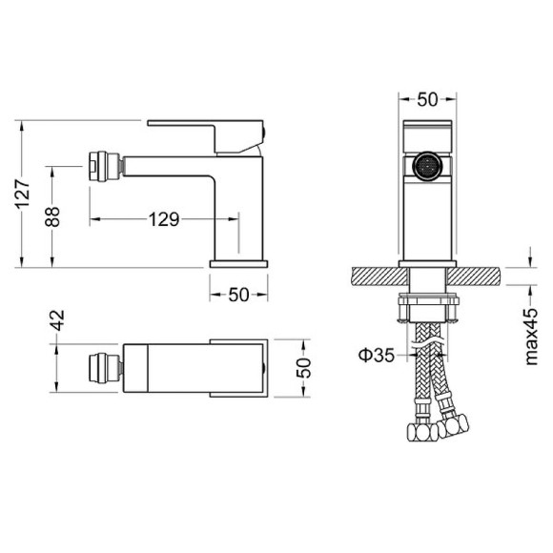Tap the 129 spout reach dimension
164,220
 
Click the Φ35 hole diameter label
377,356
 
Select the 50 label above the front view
428,98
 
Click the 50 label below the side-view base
238,295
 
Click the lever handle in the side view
204,129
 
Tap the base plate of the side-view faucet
238,261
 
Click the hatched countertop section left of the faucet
377,276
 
